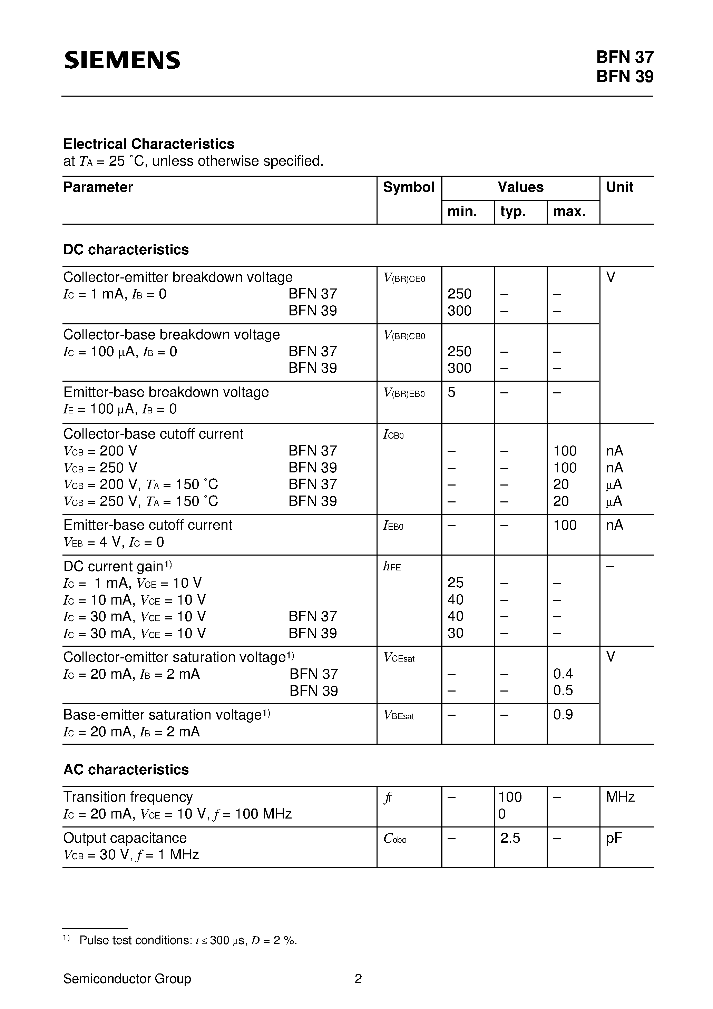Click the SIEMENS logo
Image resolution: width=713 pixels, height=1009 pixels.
(122, 60)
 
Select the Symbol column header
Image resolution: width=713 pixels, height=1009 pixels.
(408, 187)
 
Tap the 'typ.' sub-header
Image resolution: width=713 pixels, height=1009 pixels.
(513, 212)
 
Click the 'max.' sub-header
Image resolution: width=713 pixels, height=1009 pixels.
(569, 212)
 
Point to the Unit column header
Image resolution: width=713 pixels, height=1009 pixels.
(619, 187)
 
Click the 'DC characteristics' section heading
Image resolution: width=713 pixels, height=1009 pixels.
(126, 249)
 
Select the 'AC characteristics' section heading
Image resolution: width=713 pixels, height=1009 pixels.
(126, 770)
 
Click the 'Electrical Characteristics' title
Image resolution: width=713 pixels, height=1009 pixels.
(149, 144)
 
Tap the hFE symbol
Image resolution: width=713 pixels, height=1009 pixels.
(392, 567)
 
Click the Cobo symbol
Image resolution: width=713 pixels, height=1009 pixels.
(395, 839)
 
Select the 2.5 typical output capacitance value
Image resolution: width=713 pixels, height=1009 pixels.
(510, 838)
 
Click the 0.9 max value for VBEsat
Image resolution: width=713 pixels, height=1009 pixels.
(563, 715)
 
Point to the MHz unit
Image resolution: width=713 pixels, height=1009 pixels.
(620, 797)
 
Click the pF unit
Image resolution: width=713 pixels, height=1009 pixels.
(614, 838)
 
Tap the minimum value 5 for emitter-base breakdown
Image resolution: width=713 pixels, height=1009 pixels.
(451, 392)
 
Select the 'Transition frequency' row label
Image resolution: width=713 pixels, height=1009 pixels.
(128, 797)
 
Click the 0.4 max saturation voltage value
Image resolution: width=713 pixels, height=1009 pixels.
(563, 674)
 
